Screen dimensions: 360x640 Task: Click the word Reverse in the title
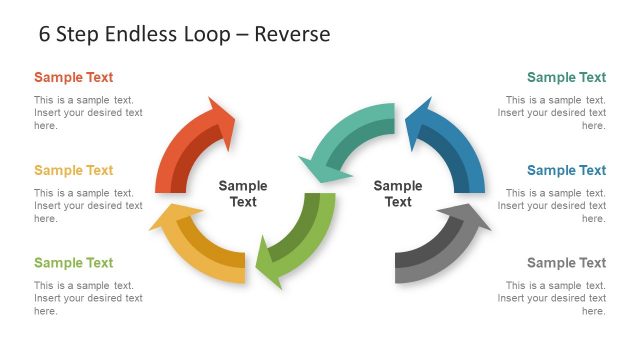click(292, 34)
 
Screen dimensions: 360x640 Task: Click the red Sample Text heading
click(73, 77)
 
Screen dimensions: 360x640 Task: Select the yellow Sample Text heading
click(73, 170)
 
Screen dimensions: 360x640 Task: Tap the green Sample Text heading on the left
click(73, 263)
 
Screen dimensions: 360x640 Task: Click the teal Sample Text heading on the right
click(566, 77)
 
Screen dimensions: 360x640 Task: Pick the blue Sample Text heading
click(566, 170)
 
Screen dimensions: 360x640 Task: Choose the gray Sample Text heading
click(566, 263)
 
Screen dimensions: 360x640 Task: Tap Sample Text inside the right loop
click(398, 193)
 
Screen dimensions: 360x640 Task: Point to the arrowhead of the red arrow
click(220, 116)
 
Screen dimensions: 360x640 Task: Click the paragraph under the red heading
click(88, 112)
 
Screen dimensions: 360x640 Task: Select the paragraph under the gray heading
click(551, 298)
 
